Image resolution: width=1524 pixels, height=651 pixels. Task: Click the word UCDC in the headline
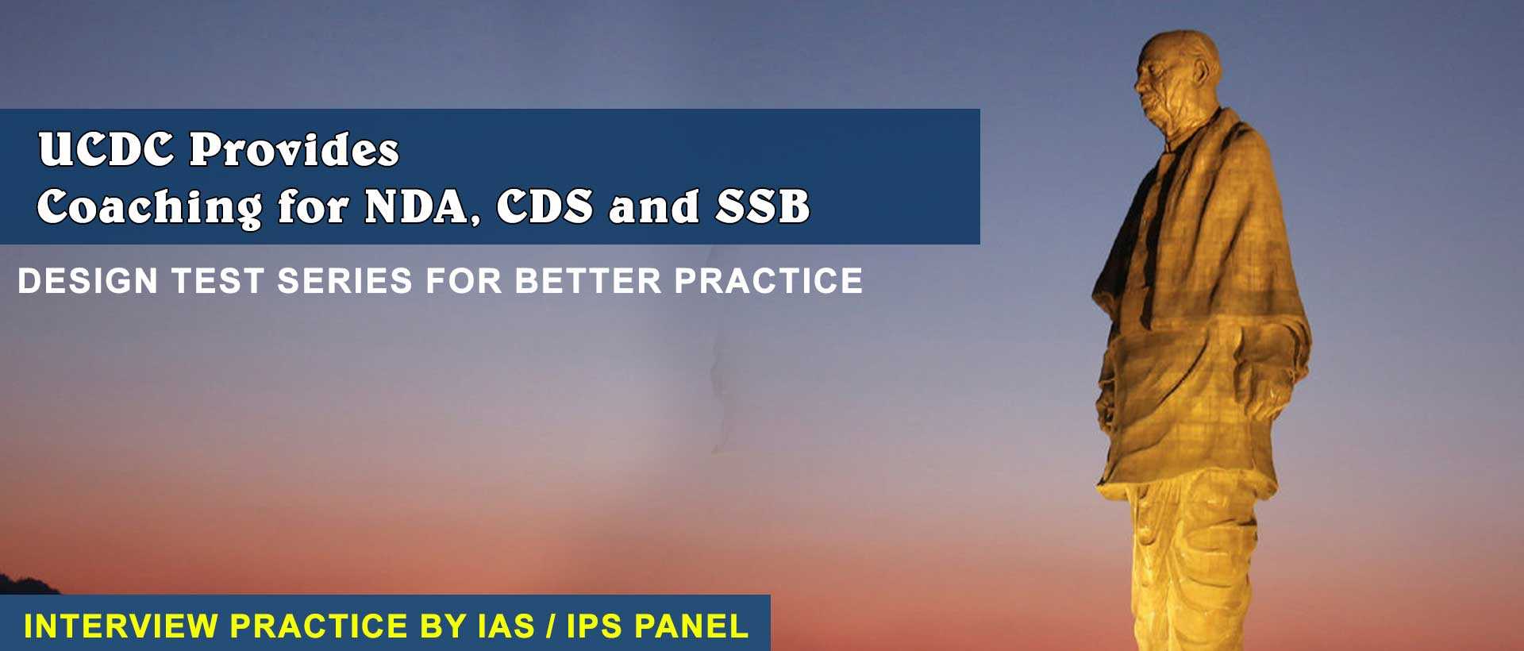(x=106, y=149)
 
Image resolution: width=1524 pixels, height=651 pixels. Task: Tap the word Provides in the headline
(x=294, y=149)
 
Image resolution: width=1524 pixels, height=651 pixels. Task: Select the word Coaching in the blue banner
(x=149, y=208)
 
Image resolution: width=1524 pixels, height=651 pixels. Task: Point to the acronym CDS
(x=545, y=206)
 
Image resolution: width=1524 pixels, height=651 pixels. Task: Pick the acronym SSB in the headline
(x=763, y=206)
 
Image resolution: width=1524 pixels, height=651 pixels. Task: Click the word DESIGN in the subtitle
(x=87, y=281)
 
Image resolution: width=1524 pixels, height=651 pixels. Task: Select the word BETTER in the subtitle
(x=587, y=281)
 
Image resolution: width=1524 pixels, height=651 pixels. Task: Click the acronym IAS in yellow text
(x=506, y=626)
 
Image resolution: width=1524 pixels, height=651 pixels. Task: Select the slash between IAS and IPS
(x=550, y=626)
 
